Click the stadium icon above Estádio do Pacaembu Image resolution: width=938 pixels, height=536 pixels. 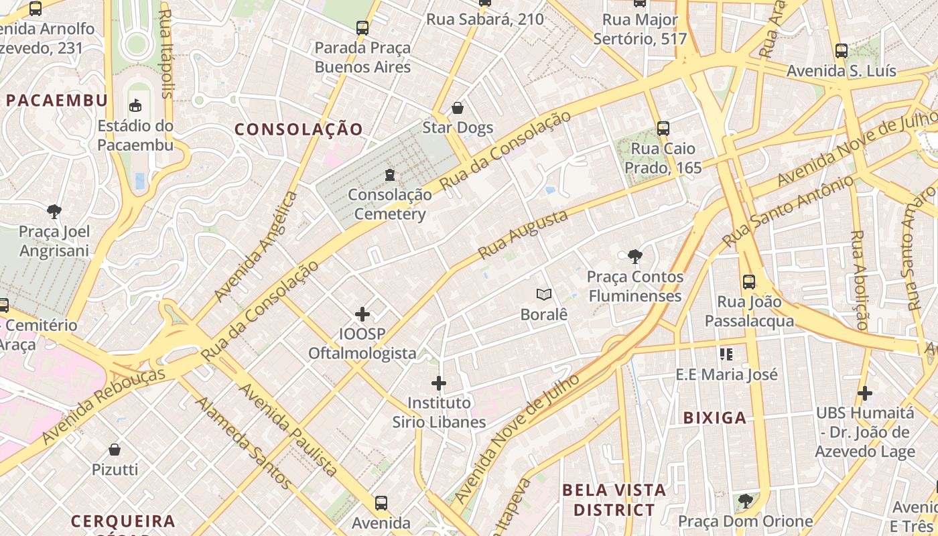(x=135, y=105)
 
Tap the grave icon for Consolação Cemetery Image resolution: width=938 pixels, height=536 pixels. (x=389, y=175)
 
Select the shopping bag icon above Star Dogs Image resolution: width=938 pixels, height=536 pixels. (x=458, y=108)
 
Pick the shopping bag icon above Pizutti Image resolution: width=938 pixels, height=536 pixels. (x=115, y=450)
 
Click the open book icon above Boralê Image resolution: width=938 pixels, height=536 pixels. (x=544, y=294)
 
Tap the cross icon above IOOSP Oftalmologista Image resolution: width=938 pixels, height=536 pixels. (x=362, y=314)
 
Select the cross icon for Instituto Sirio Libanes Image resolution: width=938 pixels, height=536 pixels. (x=439, y=383)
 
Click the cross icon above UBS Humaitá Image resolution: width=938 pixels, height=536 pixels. (x=865, y=393)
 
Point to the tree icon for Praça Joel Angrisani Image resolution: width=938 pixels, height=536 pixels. (x=54, y=212)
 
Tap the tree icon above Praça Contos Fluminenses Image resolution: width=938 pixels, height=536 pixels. (x=634, y=256)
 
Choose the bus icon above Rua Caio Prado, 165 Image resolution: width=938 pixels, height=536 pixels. (x=663, y=129)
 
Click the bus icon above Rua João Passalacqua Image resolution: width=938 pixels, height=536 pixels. (x=749, y=282)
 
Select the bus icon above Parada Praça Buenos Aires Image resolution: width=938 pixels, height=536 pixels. (x=362, y=28)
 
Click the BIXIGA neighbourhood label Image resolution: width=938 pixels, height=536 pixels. (x=714, y=418)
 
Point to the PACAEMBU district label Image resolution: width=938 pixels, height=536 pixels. (x=57, y=100)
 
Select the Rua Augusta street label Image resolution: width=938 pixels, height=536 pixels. (x=523, y=234)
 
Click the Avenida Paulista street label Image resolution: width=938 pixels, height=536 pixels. (x=287, y=429)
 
